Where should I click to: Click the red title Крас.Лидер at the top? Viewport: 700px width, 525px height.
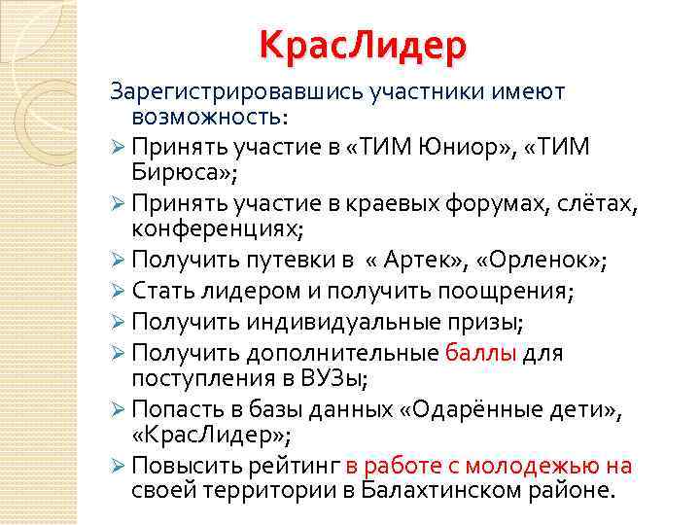pyautogui.click(x=363, y=46)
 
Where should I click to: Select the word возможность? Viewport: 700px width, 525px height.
pyautogui.click(x=206, y=117)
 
